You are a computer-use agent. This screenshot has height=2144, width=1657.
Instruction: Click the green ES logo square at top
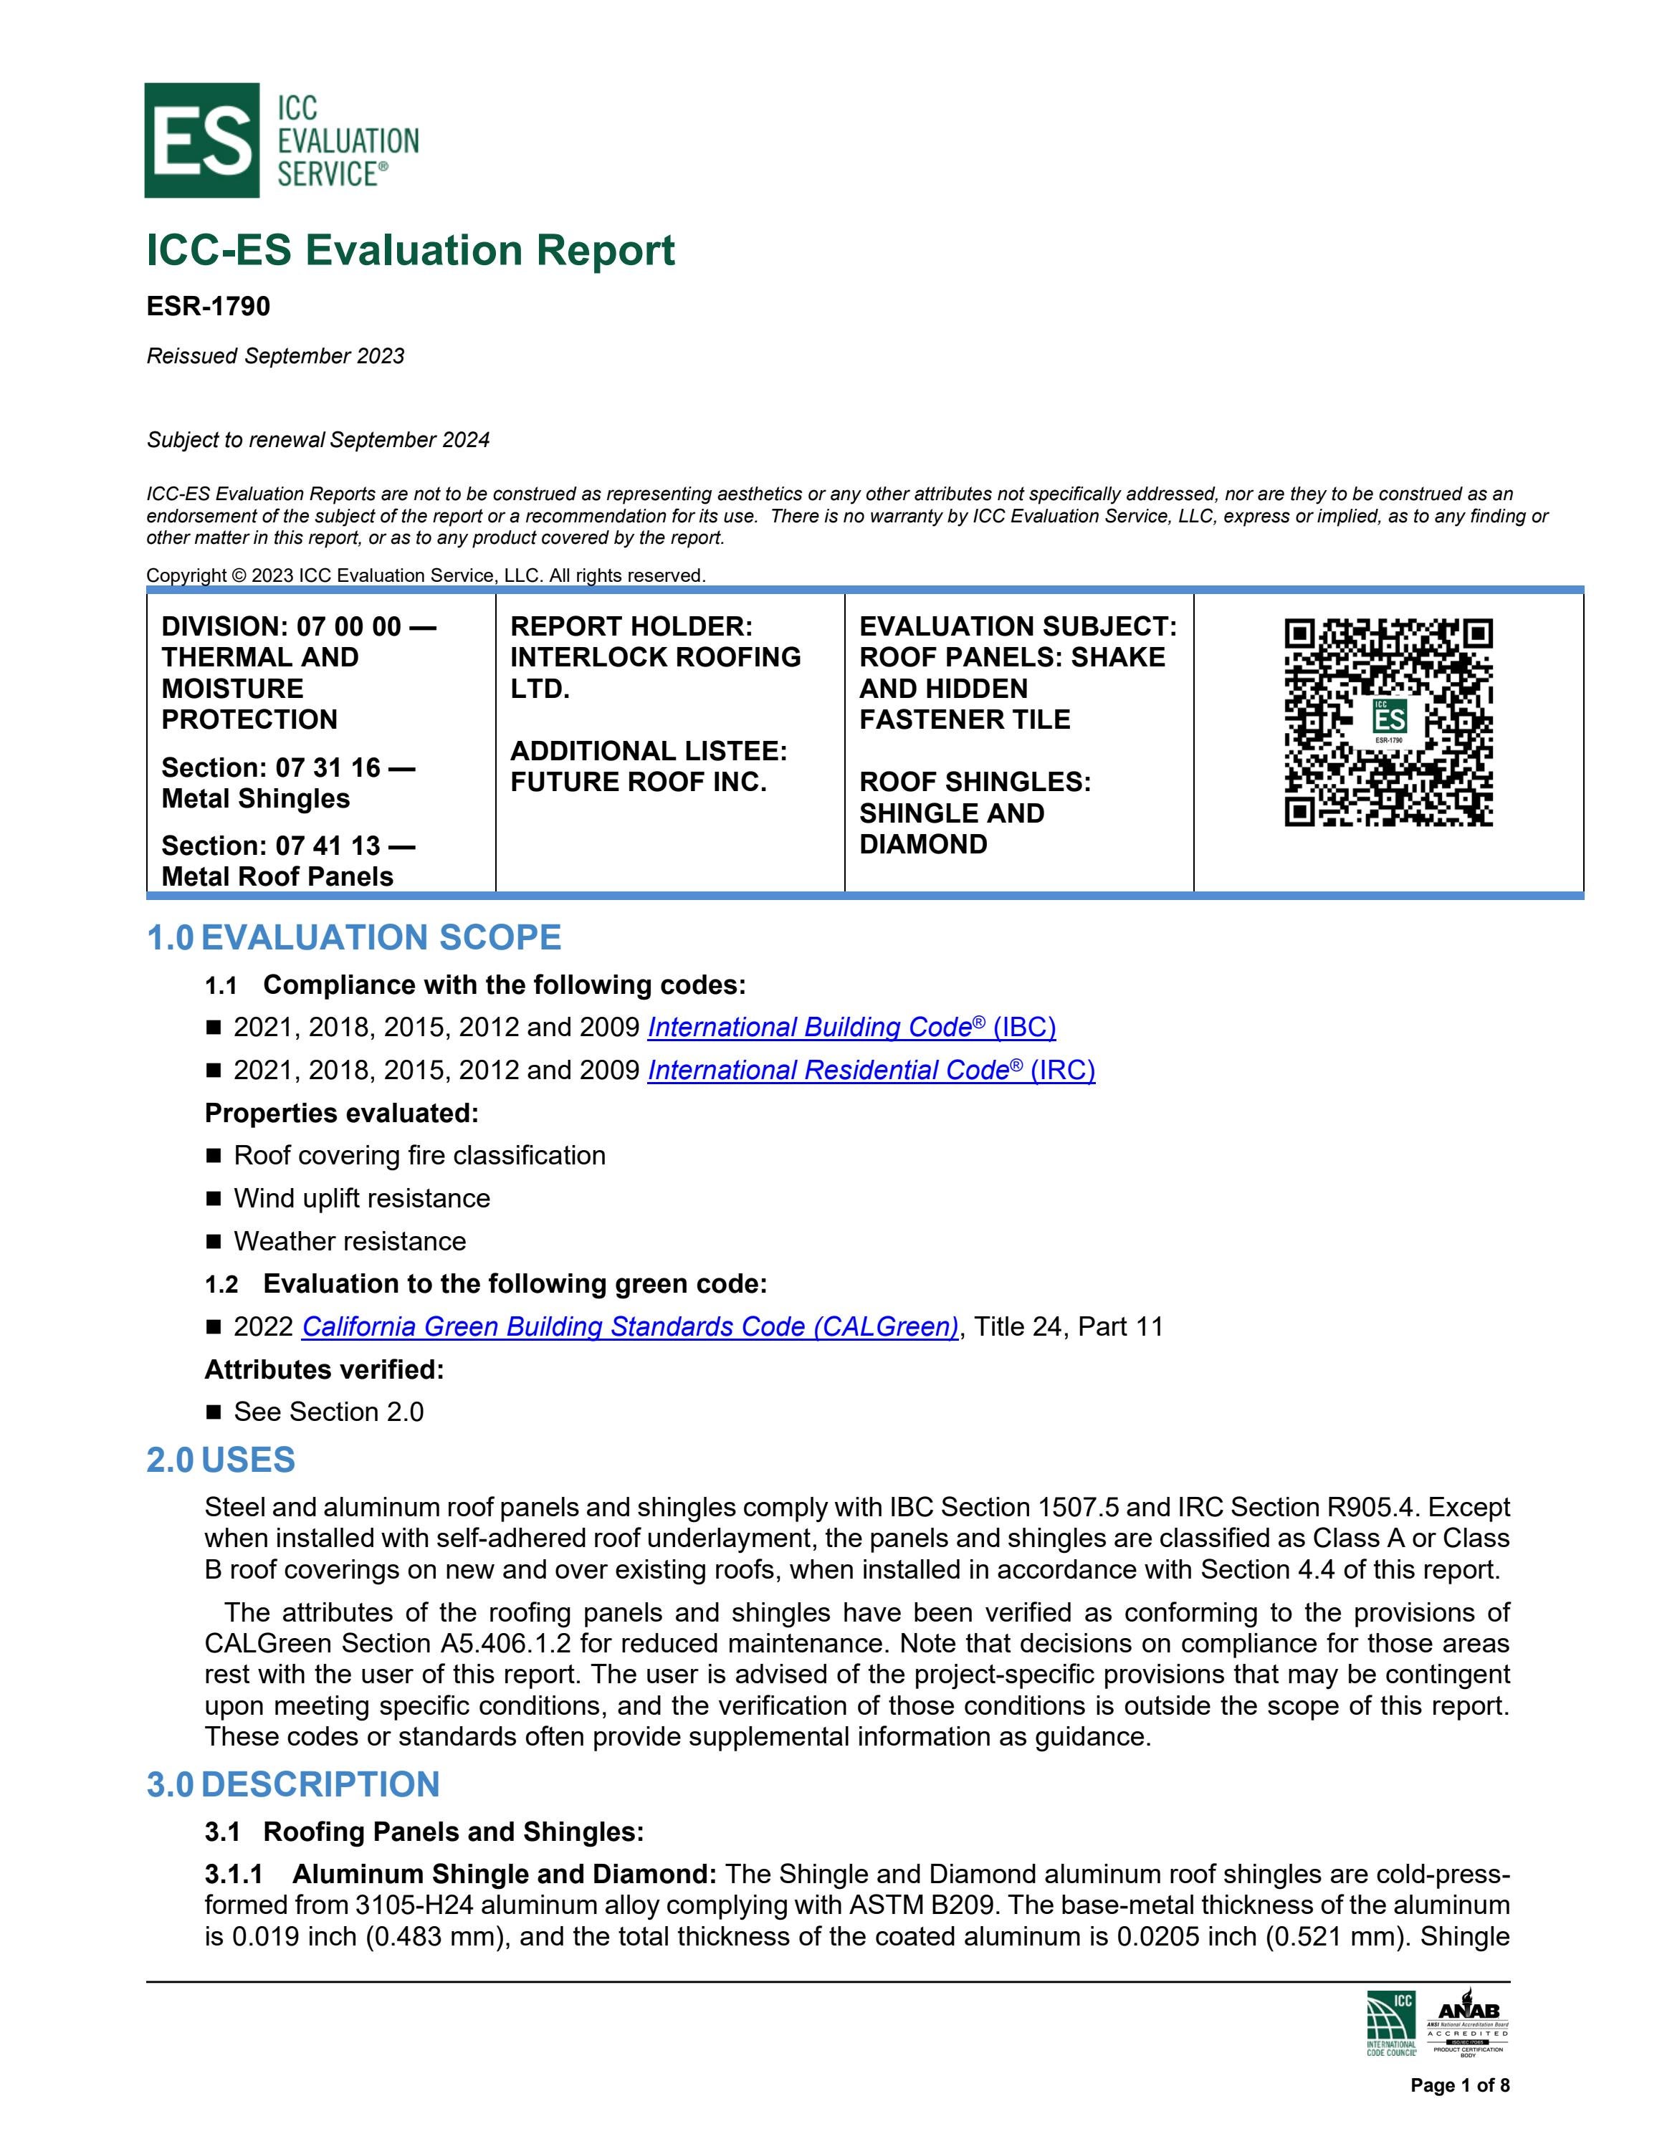(x=201, y=140)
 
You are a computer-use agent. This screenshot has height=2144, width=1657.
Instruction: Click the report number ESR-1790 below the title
(x=208, y=306)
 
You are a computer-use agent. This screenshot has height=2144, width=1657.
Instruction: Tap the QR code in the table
(x=1388, y=722)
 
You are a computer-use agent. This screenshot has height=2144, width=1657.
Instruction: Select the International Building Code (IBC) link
(x=851, y=1027)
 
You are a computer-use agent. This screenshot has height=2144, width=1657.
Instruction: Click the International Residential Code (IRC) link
(x=871, y=1070)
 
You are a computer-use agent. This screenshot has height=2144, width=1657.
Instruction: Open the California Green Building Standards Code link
(x=629, y=1326)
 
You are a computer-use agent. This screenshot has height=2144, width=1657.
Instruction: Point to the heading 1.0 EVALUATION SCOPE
(x=353, y=937)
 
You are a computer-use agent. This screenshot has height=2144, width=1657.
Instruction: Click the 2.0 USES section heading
(x=221, y=1460)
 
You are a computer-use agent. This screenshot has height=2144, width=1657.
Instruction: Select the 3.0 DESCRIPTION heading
(x=292, y=1784)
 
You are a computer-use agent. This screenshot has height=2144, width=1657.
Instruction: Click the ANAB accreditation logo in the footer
(x=1468, y=2022)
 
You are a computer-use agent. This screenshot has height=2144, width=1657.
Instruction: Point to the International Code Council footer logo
(x=1391, y=2023)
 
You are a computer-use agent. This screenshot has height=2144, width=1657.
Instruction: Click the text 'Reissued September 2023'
(x=275, y=355)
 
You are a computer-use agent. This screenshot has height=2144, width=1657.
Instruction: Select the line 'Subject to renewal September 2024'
(x=318, y=440)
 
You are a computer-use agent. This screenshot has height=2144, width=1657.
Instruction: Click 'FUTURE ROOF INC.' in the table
(x=638, y=783)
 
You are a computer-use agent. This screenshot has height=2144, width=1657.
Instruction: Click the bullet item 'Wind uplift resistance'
(x=361, y=1199)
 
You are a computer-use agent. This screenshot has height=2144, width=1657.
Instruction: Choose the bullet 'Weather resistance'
(x=350, y=1241)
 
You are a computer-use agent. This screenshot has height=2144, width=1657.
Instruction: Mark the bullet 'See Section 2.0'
(x=328, y=1412)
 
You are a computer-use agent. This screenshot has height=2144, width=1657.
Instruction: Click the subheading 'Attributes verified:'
(x=324, y=1369)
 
